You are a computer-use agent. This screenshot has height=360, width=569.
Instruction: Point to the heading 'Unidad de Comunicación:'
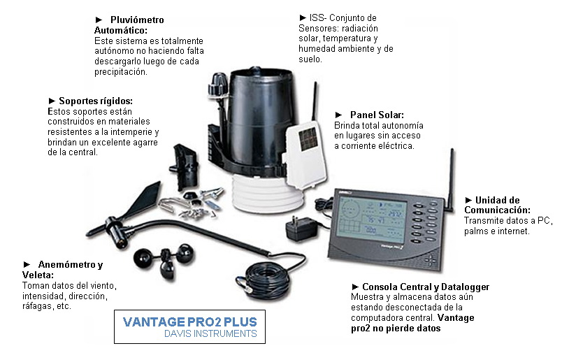tap(498, 205)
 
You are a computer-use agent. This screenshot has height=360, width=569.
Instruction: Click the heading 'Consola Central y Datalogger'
tap(425, 287)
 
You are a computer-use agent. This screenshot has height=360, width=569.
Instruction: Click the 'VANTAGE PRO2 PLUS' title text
tap(189, 322)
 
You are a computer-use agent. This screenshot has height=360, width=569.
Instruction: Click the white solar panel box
tap(305, 150)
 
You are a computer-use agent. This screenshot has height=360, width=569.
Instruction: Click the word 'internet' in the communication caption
tap(517, 231)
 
